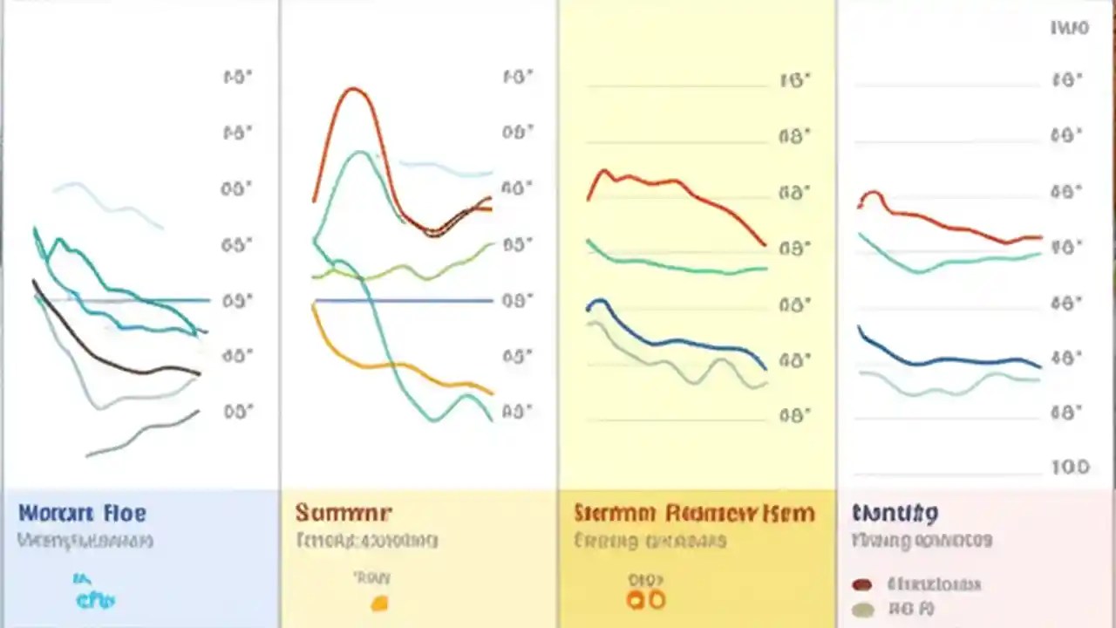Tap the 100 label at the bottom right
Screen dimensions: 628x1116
click(x=1070, y=468)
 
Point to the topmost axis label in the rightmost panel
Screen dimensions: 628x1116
click(x=1070, y=28)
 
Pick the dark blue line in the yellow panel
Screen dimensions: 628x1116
click(x=680, y=343)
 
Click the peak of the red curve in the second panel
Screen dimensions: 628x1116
click(x=352, y=89)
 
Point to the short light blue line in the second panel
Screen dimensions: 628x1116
click(x=445, y=168)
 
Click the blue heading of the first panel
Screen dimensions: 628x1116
click(x=83, y=513)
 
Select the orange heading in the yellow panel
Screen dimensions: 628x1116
click(x=694, y=513)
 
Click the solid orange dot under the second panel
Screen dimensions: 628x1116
click(x=379, y=603)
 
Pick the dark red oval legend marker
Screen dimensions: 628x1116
click(x=862, y=584)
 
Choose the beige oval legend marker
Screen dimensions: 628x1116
click(x=862, y=610)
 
